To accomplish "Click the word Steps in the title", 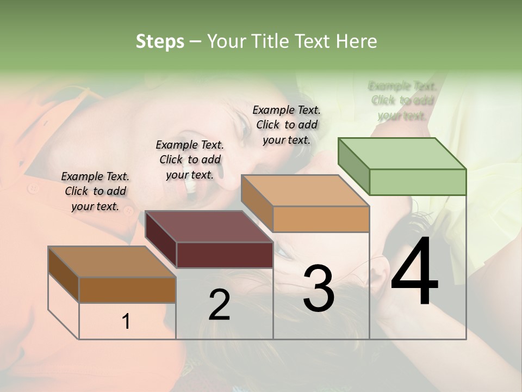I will (160, 41).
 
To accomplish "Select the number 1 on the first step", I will (126, 322).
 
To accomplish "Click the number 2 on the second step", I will (219, 305).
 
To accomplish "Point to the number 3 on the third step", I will (318, 289).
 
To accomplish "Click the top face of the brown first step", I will (111, 262).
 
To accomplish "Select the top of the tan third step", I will (305, 191).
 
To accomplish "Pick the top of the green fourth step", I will (401, 154).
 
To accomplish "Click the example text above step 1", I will (95, 191).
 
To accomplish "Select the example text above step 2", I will (190, 160).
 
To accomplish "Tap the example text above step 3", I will (287, 125).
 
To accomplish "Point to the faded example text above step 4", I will (402, 101).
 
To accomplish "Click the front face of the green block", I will (418, 182).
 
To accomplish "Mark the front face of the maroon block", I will (225, 255).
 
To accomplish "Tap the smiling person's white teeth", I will (191, 186).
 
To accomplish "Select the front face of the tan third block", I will (321, 219).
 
